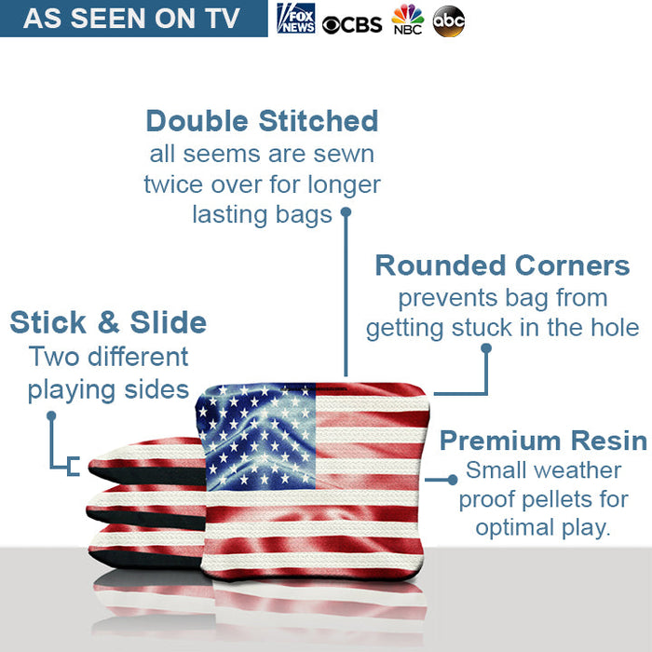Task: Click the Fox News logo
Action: tap(296, 19)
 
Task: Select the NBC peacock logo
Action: tap(407, 20)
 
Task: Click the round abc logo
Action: tap(448, 20)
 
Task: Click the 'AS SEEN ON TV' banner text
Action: tap(131, 19)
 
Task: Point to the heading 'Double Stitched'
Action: tap(262, 121)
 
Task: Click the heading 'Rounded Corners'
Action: tap(502, 265)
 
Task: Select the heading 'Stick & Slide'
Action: tap(108, 323)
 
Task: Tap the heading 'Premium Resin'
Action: tap(543, 440)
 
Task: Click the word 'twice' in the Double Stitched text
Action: tap(173, 184)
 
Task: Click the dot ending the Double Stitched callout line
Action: tap(345, 212)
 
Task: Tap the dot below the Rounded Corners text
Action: tap(485, 348)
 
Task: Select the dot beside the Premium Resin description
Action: tap(453, 479)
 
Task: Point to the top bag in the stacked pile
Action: tap(144, 455)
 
